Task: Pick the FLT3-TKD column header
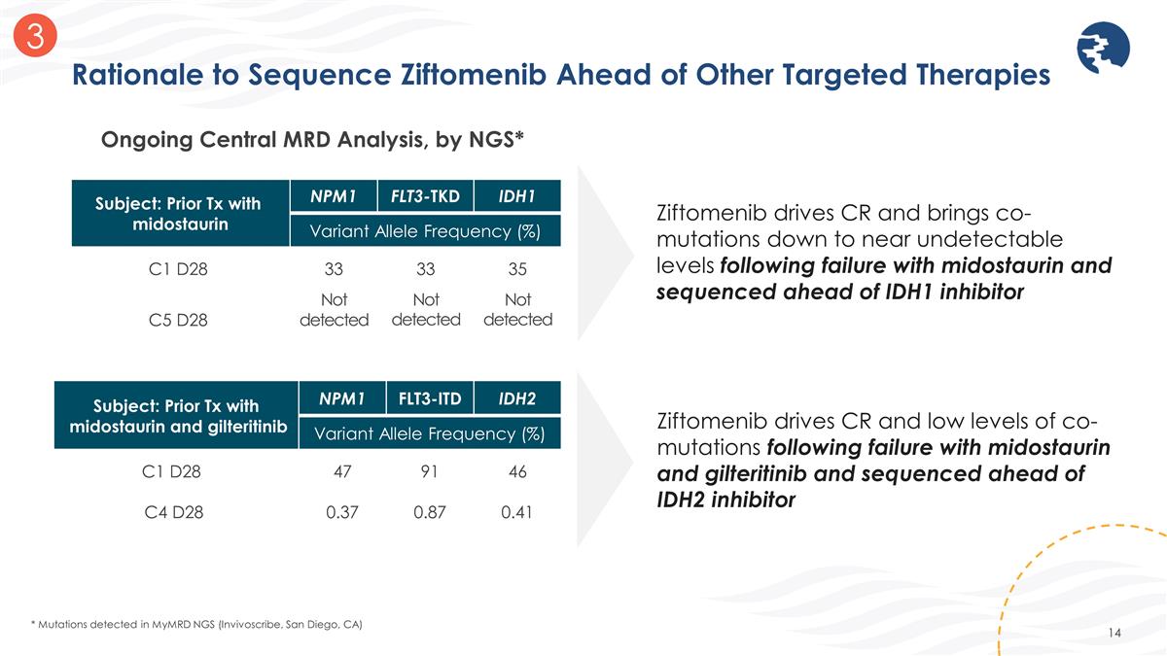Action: coord(425,196)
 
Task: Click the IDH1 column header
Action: coord(516,196)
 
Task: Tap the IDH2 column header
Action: coord(516,397)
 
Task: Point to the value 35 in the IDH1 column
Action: coord(516,268)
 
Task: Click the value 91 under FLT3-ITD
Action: coord(429,472)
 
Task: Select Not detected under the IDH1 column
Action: coord(516,309)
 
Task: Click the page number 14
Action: coord(1114,634)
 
